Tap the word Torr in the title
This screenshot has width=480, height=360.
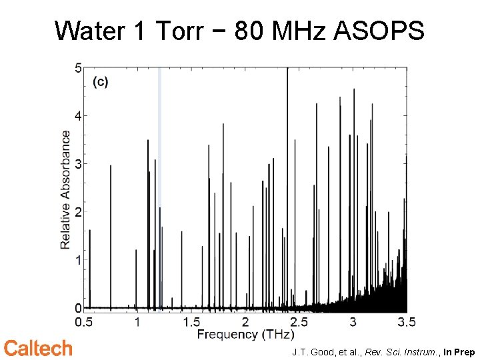[x=179, y=31]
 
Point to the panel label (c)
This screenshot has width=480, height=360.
[x=100, y=82]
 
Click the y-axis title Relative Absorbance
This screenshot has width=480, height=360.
[x=65, y=189]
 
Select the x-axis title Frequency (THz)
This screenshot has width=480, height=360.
[x=245, y=333]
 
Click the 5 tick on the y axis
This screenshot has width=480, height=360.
[x=78, y=68]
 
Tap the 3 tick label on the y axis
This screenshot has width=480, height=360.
[x=78, y=164]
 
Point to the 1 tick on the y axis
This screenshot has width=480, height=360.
[x=78, y=260]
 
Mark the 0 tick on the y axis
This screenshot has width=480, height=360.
[x=78, y=308]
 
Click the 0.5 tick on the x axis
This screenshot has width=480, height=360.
[x=84, y=321]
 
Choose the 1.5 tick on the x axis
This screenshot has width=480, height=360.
[x=191, y=321]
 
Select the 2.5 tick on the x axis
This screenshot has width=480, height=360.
[x=299, y=321]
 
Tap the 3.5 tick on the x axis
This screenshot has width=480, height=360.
[x=406, y=321]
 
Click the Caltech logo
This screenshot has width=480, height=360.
[x=38, y=348]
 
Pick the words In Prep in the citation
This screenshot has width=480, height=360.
[x=459, y=351]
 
